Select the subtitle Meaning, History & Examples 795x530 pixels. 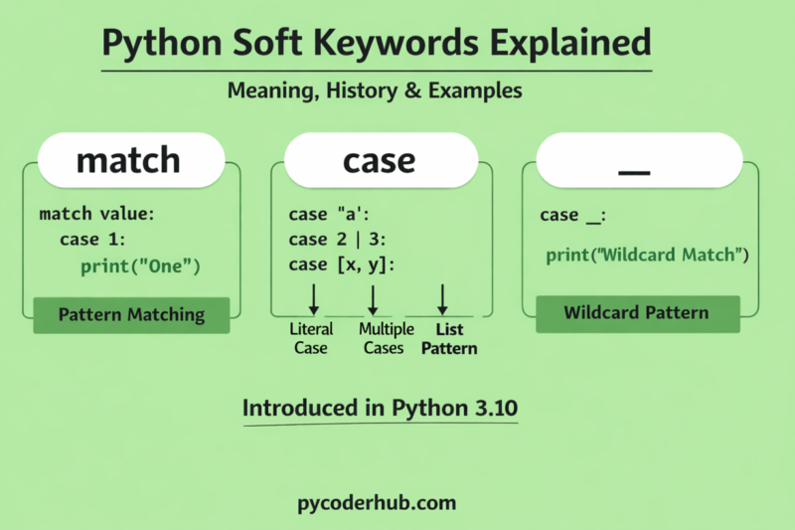click(375, 90)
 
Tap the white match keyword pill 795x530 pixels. click(128, 159)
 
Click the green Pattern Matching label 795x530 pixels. click(131, 315)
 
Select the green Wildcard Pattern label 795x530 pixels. click(636, 313)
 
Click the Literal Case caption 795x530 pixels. click(311, 338)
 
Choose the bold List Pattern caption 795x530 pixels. click(448, 338)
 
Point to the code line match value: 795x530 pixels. click(97, 214)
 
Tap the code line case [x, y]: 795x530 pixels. click(341, 265)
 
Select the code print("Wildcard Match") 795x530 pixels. click(647, 256)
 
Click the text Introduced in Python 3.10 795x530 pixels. click(381, 409)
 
